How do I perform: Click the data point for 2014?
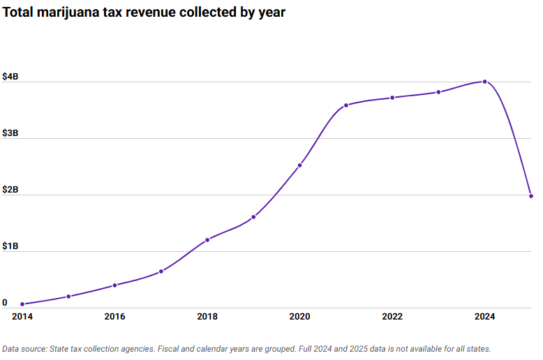22,304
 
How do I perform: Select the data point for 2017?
161,271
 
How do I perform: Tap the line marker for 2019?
253,217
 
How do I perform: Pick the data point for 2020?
300,165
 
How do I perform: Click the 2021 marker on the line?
346,105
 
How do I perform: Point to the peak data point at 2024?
485,82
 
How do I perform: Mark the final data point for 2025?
531,196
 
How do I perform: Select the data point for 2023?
438,92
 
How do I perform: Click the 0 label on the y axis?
5,303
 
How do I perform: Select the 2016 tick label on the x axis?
114,317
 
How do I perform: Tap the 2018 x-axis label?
207,317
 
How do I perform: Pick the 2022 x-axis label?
392,317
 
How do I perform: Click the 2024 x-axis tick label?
485,317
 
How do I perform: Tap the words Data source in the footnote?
26,348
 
